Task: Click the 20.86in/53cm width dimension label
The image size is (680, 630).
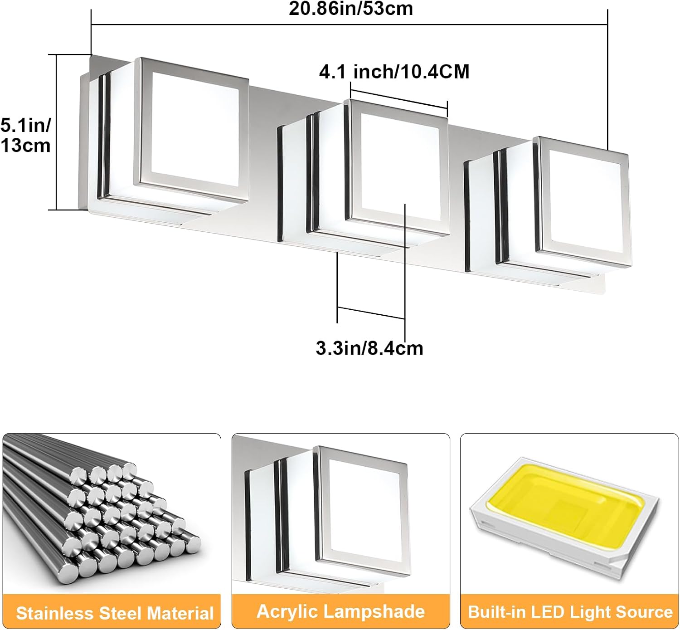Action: click(351, 9)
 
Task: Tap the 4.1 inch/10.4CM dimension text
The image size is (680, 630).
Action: click(394, 72)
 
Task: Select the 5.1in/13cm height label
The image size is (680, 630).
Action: click(25, 135)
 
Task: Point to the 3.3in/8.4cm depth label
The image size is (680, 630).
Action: click(369, 348)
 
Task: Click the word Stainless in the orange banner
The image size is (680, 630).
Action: click(55, 613)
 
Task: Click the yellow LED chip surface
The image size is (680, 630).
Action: click(565, 501)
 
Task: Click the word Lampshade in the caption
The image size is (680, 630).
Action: click(374, 612)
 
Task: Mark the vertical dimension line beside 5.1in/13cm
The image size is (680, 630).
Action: click(57, 132)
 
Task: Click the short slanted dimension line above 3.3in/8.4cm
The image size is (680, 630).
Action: click(371, 313)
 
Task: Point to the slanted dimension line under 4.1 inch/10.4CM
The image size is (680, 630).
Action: click(399, 98)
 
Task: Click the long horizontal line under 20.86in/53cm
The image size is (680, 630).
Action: click(349, 24)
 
